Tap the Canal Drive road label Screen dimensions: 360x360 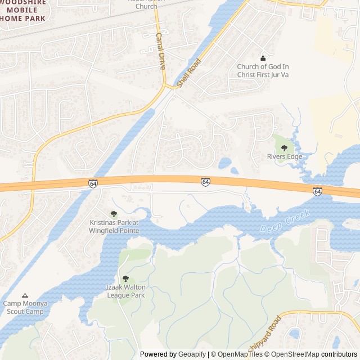pos(160,51)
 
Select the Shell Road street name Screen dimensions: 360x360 pos(188,73)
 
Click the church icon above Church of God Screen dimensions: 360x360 pos(263,58)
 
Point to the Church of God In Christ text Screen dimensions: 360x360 pos(263,70)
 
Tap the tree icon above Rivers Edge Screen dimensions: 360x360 pos(284,148)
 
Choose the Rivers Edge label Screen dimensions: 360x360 pos(284,156)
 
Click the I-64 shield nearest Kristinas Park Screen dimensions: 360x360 pos(93,183)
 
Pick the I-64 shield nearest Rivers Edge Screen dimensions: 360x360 pos(317,191)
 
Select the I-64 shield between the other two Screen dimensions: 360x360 pos(206,182)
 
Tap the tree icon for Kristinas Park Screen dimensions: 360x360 pos(114,214)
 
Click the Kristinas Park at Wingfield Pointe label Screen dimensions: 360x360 pos(114,226)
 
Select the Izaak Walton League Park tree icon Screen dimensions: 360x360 pos(125,278)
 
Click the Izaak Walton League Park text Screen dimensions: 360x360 pos(125,291)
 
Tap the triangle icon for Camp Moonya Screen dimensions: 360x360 pos(25,295)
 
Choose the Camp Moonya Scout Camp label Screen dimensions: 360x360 pos(25,307)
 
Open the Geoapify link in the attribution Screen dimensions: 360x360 pos(192,354)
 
